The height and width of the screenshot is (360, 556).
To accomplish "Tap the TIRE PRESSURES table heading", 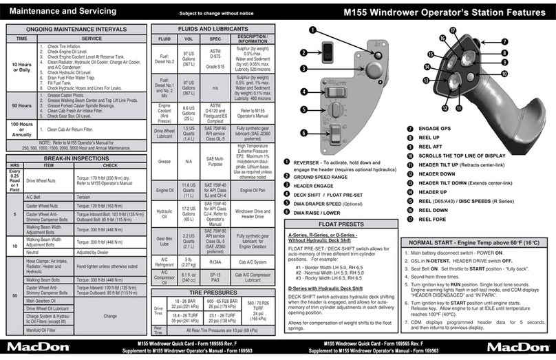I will coord(210,292).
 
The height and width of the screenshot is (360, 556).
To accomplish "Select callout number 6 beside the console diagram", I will coord(303,133).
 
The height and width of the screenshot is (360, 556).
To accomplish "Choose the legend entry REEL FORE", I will coord(434,219).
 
